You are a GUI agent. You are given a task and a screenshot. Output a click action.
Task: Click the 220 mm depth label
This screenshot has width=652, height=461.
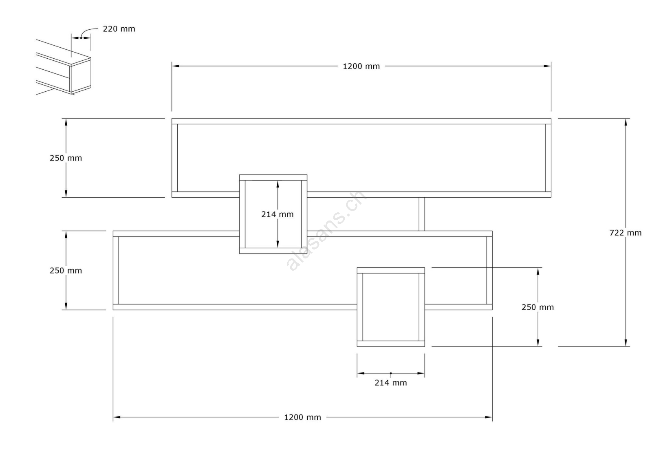pos(119,29)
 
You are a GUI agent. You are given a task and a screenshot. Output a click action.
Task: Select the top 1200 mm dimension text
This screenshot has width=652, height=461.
pos(361,66)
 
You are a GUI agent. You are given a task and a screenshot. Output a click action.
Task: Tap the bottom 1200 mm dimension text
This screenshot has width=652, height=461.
pos(302,417)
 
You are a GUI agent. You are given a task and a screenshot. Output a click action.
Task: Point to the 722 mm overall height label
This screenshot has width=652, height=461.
pos(625,233)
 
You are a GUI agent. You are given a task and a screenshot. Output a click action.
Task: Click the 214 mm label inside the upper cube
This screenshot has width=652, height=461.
pos(277,214)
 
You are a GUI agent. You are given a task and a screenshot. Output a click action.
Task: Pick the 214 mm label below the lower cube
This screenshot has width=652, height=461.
pos(390,383)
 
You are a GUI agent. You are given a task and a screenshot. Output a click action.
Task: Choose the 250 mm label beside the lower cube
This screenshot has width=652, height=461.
pos(537,307)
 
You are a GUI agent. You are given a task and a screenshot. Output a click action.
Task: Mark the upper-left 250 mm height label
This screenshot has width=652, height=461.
pos(66,158)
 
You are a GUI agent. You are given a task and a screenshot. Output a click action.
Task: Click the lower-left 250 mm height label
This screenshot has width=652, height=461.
pos(66,271)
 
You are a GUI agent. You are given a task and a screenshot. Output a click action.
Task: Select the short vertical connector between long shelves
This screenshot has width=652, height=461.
pos(422,214)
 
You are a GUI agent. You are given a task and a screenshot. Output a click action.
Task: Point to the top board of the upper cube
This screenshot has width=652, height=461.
pos(273,177)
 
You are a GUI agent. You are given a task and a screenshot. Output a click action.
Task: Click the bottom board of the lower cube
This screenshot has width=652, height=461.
pos(391,344)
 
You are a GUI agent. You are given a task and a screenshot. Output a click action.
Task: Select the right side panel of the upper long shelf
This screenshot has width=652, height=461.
pos(548,158)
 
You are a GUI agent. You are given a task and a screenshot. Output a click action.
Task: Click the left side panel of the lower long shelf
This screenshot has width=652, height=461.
pos(116,270)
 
